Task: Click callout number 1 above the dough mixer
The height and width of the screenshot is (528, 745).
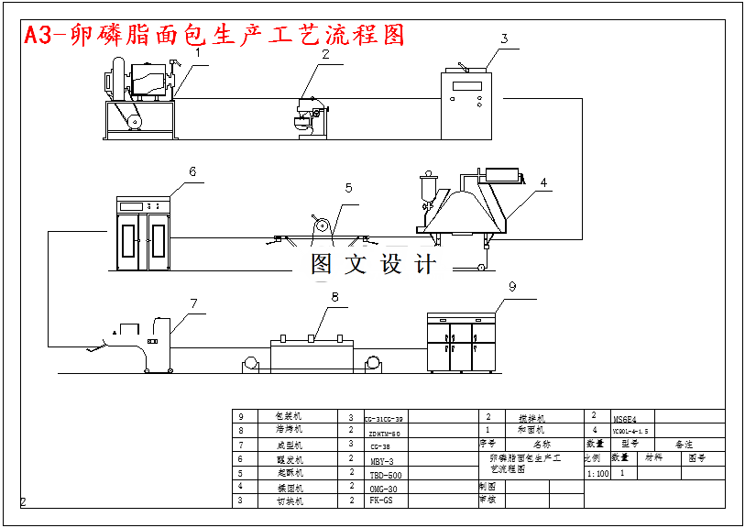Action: (x=196, y=53)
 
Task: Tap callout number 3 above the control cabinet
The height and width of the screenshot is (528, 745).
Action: (x=503, y=38)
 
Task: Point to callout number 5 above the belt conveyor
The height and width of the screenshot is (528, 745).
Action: (x=348, y=188)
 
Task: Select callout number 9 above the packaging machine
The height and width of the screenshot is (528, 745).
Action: (x=512, y=286)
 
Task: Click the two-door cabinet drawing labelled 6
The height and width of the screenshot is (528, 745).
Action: (x=144, y=233)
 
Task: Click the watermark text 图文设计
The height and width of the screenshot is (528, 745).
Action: (x=373, y=265)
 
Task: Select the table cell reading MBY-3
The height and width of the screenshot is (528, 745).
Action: (x=382, y=461)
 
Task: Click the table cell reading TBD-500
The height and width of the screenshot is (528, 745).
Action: (x=386, y=476)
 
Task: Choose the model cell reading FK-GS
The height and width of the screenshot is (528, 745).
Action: (x=381, y=501)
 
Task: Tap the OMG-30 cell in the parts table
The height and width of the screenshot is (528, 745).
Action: (x=383, y=489)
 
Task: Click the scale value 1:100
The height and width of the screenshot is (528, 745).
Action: (x=597, y=474)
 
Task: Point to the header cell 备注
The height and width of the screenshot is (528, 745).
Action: (x=685, y=444)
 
